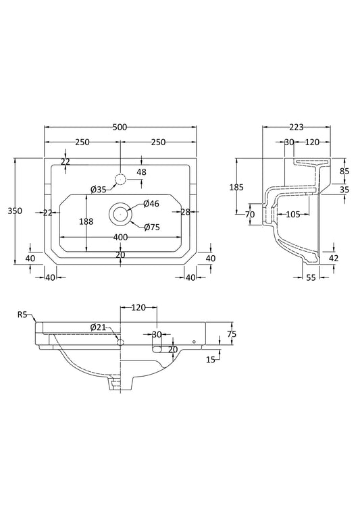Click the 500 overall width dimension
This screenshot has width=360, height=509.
coord(120,127)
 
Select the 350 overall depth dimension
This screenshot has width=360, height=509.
coord(15,211)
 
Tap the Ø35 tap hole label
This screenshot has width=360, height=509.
coord(99,190)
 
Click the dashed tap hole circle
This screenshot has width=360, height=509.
coord(120,180)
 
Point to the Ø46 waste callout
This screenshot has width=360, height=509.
coord(151,204)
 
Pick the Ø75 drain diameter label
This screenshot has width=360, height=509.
coord(152,227)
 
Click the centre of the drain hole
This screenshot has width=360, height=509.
coord(120,214)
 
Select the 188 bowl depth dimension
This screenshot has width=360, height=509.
coord(86,221)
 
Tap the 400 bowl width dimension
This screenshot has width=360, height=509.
coord(120,238)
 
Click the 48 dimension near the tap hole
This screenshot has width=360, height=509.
coord(142,171)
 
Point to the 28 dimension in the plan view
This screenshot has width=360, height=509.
coord(186,212)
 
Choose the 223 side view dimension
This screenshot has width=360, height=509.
coord(296,127)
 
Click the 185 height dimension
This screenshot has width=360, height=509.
coord(236,187)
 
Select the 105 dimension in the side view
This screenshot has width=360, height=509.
coord(293,215)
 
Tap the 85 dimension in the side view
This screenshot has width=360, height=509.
coord(344,170)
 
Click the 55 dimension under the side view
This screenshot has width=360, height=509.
coord(311,277)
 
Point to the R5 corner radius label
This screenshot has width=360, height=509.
coord(22,314)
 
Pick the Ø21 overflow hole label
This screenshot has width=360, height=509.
coord(99,327)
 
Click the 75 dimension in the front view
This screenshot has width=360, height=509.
coord(232,334)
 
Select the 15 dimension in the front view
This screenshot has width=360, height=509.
coord(211,359)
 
